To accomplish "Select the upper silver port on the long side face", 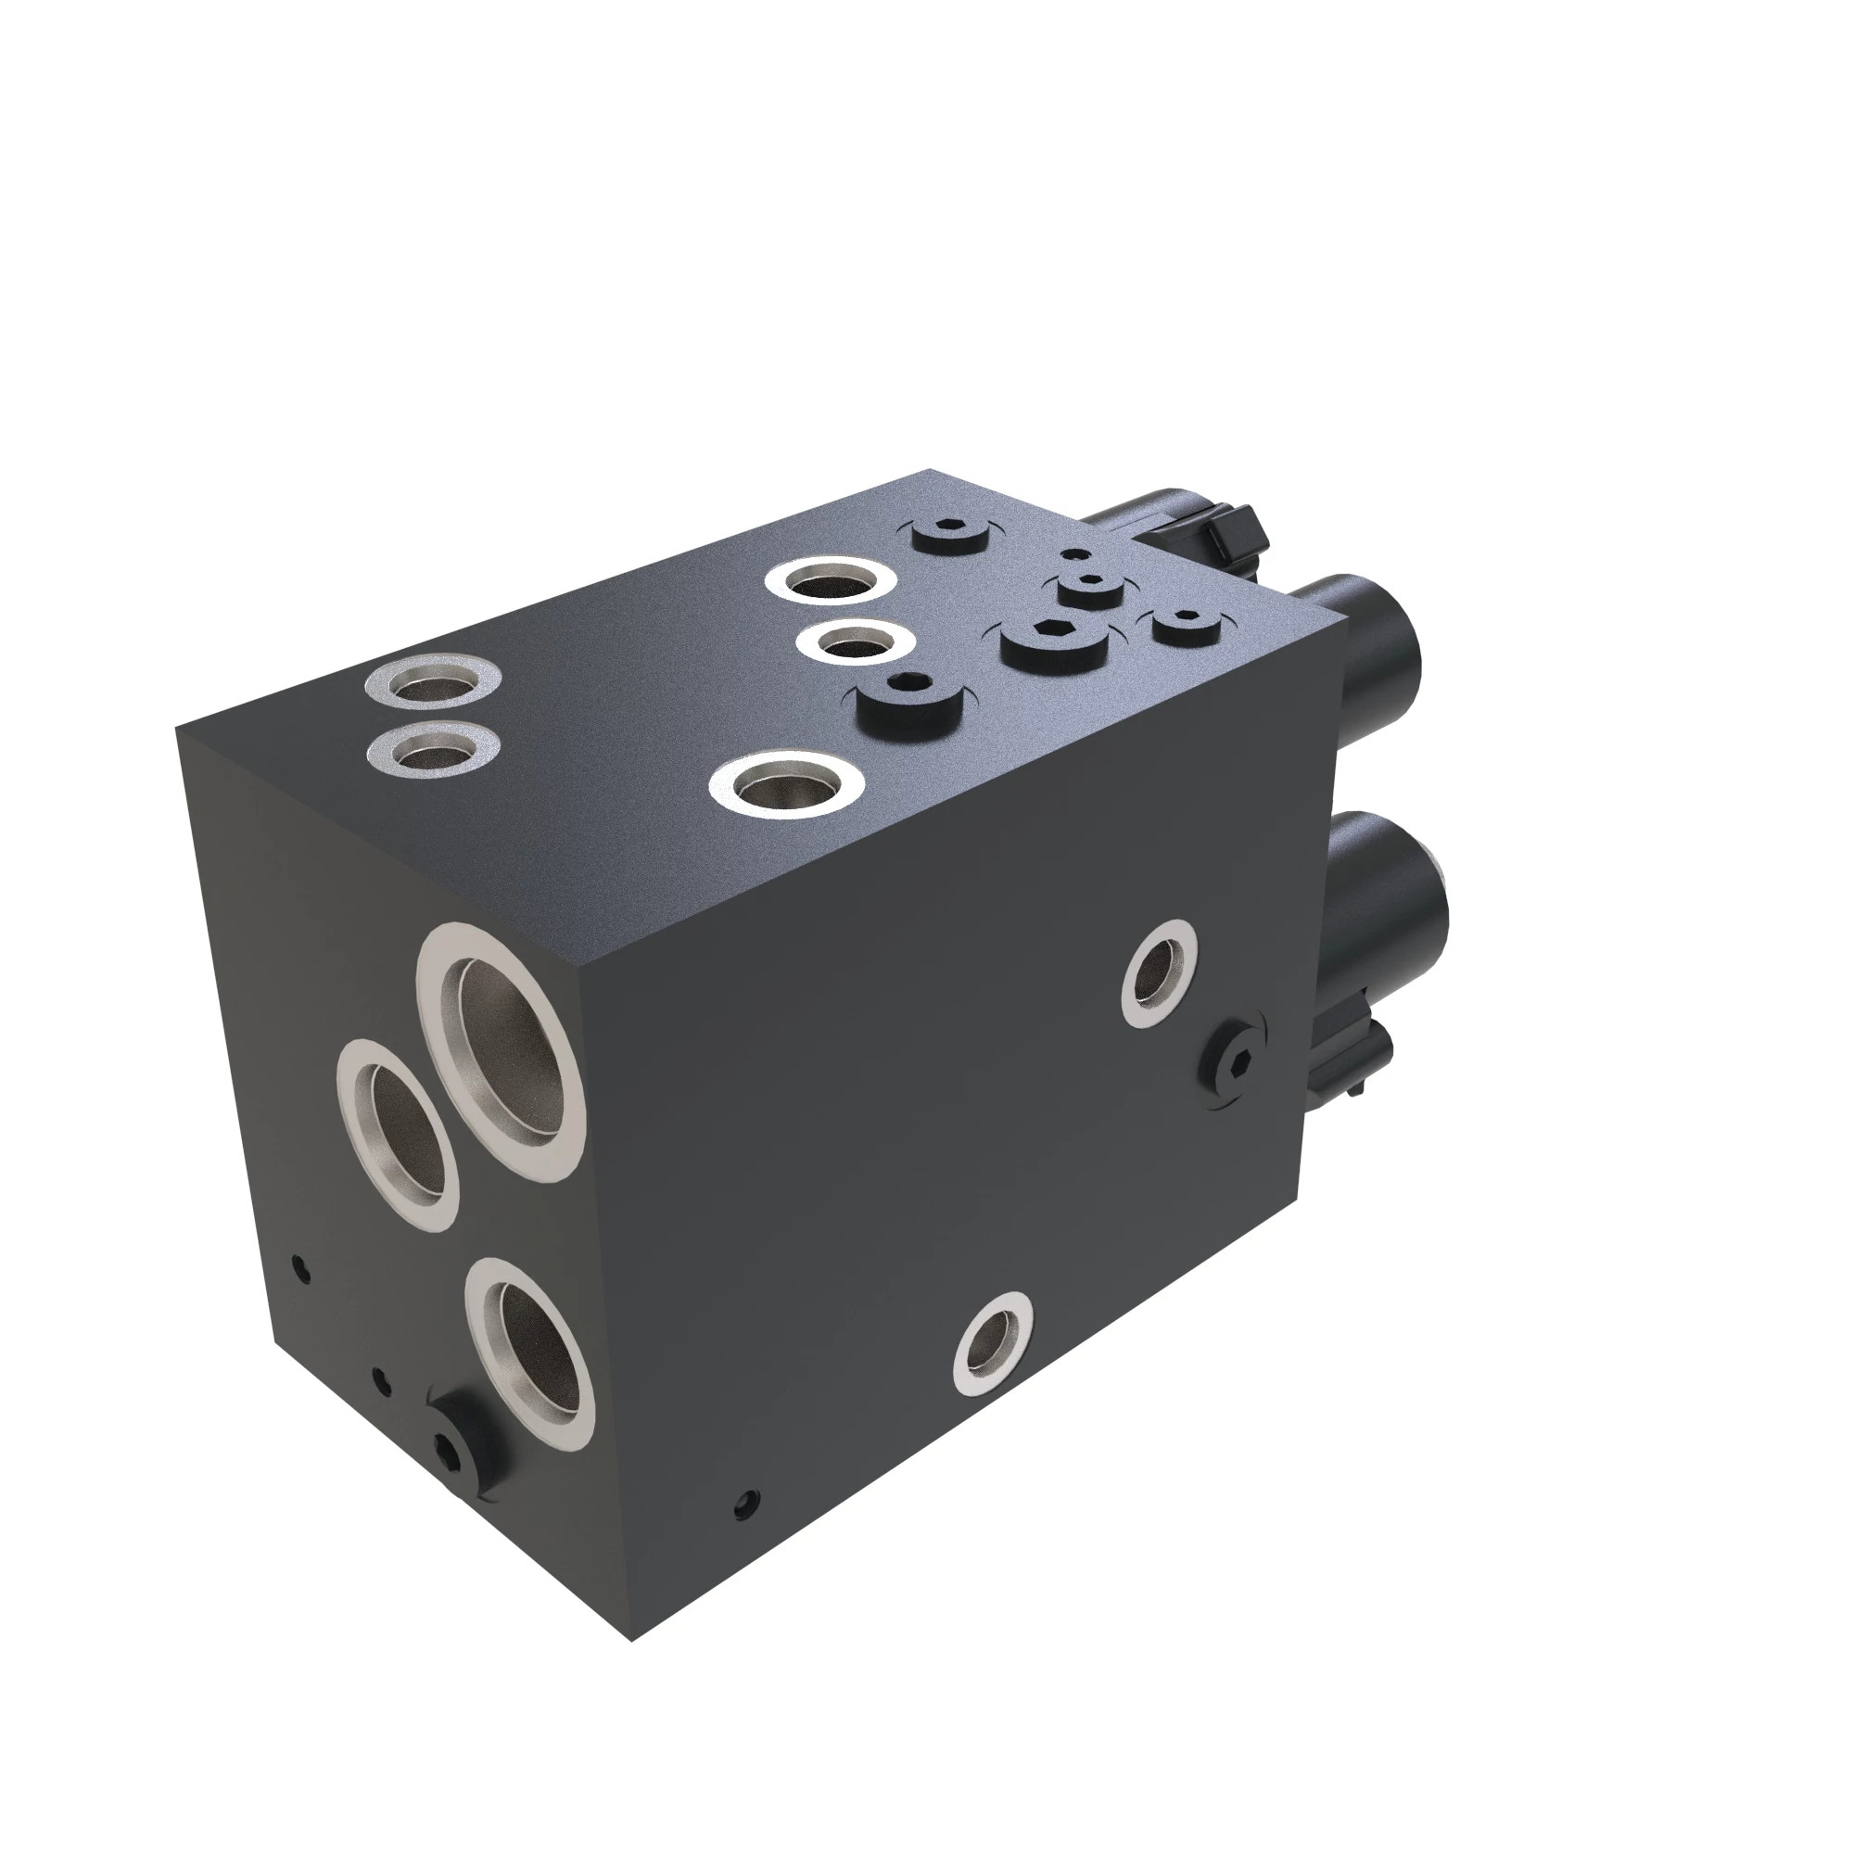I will [1161, 973].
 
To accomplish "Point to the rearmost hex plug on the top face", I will [951, 531].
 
